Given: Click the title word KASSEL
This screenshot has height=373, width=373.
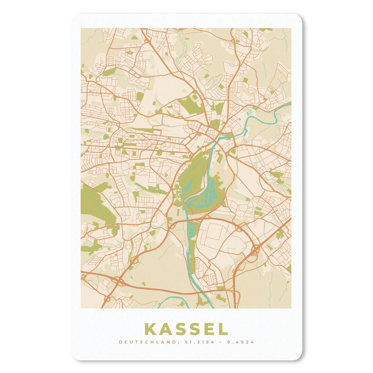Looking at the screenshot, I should [186, 329].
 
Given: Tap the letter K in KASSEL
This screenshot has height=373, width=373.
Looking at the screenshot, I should [150, 329].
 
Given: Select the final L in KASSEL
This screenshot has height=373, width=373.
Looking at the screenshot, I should [223, 329].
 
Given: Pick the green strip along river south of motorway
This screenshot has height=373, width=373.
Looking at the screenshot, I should [193, 229].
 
